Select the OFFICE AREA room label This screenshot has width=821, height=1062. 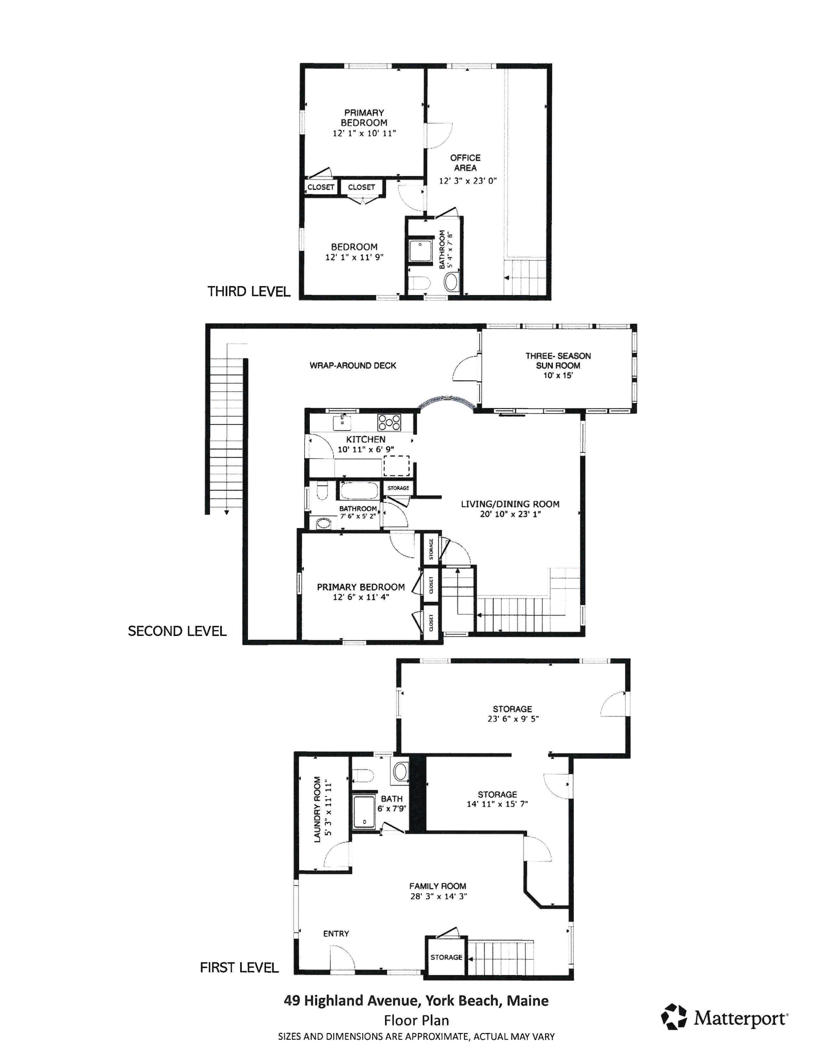(466, 163)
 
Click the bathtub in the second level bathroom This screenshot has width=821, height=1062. (359, 491)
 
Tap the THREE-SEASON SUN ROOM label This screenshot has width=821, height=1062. (558, 361)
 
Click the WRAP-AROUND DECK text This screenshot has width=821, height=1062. (353, 365)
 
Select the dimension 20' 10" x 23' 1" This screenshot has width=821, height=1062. (510, 514)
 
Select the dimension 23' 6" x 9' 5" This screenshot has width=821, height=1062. (513, 719)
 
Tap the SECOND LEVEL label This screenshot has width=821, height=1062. (177, 631)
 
